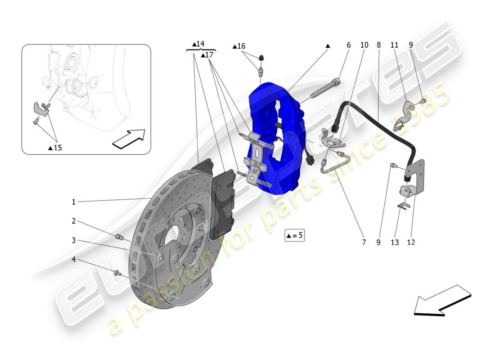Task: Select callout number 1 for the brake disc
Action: point(73,202)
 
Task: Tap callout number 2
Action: point(73,221)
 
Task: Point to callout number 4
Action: point(73,260)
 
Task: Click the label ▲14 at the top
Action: point(198,44)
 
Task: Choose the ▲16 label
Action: point(239,46)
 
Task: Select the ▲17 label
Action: point(207,55)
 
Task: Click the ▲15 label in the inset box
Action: point(55,148)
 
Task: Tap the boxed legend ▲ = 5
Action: point(294,235)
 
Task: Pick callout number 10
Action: point(364,45)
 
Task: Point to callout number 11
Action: point(394,45)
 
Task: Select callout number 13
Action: point(395,243)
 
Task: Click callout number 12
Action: point(411,243)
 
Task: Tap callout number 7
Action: point(363,243)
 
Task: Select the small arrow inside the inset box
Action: point(129,139)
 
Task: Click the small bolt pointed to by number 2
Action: point(120,237)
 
